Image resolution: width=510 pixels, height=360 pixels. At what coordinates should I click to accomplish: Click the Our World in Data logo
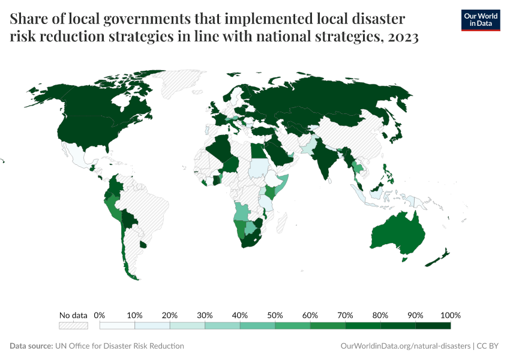pyautogui.click(x=480, y=20)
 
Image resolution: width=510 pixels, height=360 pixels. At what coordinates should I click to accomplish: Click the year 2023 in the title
pyautogui.click(x=403, y=37)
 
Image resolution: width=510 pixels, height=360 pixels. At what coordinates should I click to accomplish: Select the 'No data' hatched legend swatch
pyautogui.click(x=73, y=326)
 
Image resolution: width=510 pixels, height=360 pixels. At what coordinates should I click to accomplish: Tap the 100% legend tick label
pyautogui.click(x=450, y=315)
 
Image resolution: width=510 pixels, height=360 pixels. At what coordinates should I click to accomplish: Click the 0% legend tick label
pyautogui.click(x=100, y=315)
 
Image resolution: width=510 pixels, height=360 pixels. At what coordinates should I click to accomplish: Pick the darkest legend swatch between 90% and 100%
pyautogui.click(x=433, y=326)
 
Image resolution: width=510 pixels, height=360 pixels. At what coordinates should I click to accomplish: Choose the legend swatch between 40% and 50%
pyautogui.click(x=257, y=326)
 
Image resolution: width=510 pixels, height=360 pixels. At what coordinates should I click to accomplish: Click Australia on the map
pyautogui.click(x=399, y=234)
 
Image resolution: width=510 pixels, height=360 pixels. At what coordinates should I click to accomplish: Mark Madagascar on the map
pyautogui.click(x=280, y=225)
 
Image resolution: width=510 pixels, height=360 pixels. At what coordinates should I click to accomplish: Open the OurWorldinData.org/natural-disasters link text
pyautogui.click(x=405, y=346)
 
